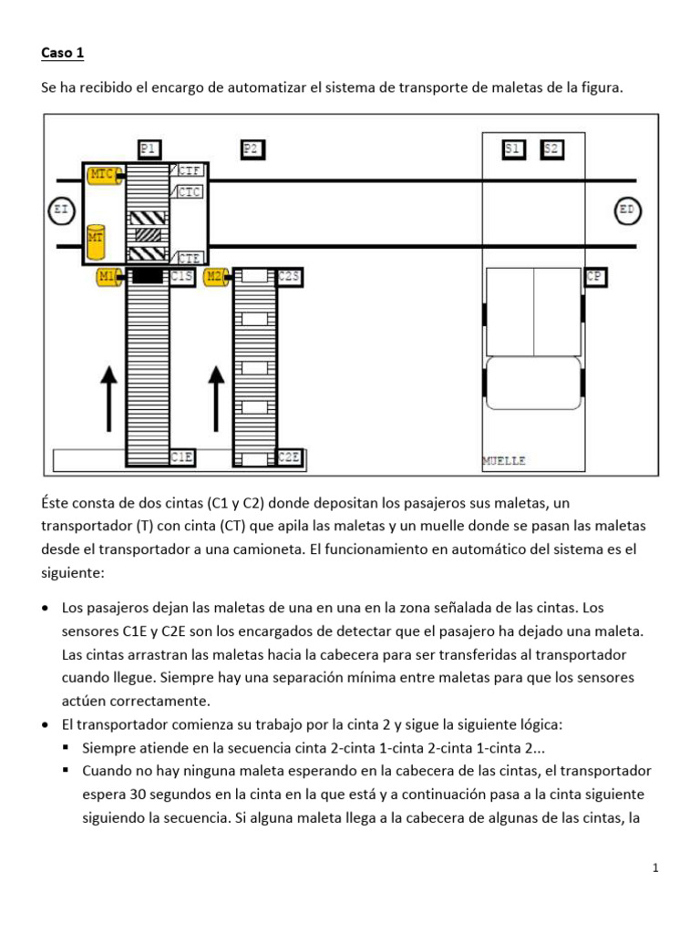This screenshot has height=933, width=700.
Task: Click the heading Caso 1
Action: click(62, 53)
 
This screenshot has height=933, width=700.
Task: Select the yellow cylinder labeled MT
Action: click(96, 238)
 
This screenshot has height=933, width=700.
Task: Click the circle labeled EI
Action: click(60, 211)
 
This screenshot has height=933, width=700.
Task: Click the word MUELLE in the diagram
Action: click(504, 461)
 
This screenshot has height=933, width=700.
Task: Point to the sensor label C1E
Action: click(182, 457)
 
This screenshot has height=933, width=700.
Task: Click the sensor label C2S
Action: click(289, 276)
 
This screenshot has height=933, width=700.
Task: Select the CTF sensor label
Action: click(190, 170)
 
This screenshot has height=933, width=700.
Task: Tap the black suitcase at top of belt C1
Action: click(147, 276)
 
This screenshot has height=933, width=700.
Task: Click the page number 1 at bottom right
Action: click(654, 868)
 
